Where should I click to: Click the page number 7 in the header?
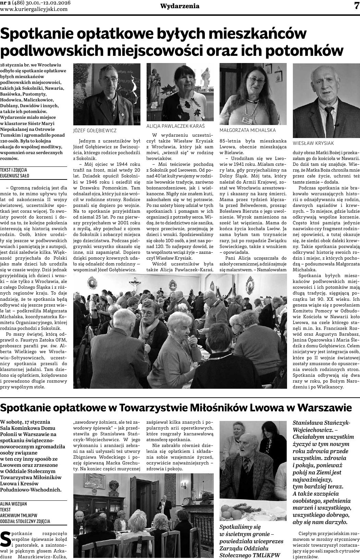(355, 6)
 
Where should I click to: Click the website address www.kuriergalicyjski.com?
(34, 9)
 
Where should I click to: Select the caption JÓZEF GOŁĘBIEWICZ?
(95, 130)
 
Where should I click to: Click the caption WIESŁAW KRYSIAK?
(313, 143)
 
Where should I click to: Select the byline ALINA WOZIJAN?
(14, 504)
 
